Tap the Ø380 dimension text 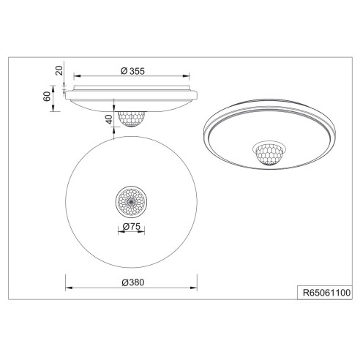(x=132, y=282)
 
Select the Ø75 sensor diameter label (x=132, y=227)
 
